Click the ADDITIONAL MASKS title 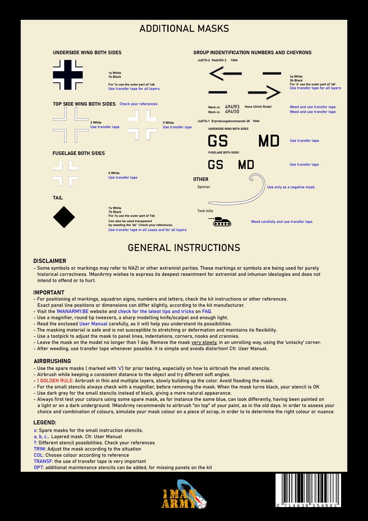184,29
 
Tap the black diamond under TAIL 64,217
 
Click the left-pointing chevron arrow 225,74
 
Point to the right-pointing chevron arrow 264,92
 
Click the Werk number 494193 232,107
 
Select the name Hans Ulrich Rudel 258,107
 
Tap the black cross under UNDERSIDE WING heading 68,75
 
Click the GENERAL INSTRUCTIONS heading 184,248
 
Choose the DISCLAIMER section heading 50,261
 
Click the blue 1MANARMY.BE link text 72,311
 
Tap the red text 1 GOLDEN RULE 55,381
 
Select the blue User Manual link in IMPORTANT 93,324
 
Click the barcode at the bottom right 308,490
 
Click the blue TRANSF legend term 43,461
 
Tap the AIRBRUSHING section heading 52,361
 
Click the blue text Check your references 138,104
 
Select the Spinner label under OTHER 204,187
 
